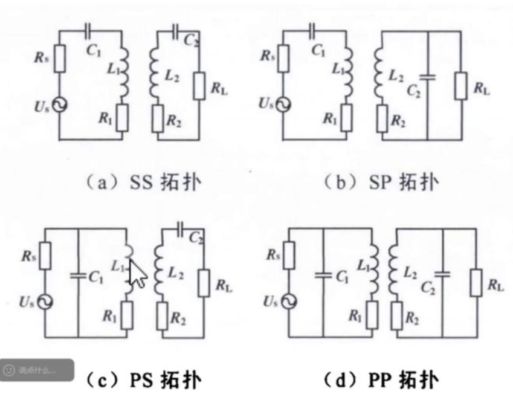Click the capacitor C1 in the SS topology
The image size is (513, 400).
pos(88,29)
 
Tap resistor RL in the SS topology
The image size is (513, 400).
pos(199,86)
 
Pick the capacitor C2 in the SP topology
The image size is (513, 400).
pos(428,77)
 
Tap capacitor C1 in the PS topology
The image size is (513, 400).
pos(79,276)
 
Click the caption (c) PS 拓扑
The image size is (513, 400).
pos(141,381)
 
